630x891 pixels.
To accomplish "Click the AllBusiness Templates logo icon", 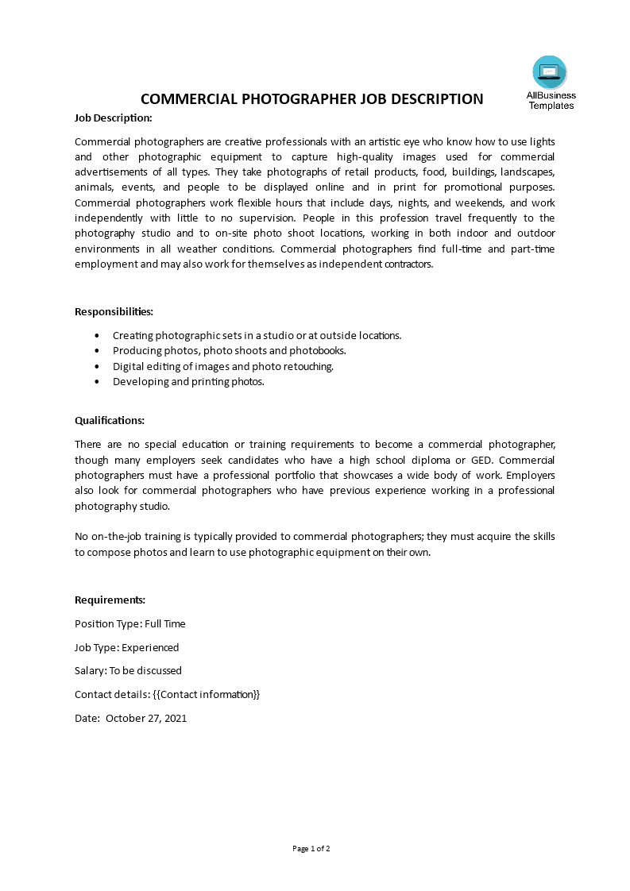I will pyautogui.click(x=550, y=72).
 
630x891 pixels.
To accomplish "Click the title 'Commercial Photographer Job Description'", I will pyautogui.click(x=311, y=99).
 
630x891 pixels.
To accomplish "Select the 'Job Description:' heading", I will pyautogui.click(x=113, y=118).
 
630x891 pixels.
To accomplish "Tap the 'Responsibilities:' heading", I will pyautogui.click(x=114, y=311).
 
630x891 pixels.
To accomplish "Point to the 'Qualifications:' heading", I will pyautogui.click(x=110, y=420).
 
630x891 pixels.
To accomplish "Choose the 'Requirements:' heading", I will pyautogui.click(x=110, y=600).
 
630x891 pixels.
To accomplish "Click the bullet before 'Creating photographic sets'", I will pyautogui.click(x=97, y=335).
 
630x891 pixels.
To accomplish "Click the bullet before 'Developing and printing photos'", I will pyautogui.click(x=97, y=381).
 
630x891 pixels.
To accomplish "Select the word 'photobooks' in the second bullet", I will pyautogui.click(x=319, y=350).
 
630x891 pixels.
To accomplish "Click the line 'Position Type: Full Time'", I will pyautogui.click(x=129, y=623).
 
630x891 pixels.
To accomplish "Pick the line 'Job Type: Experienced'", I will pyautogui.click(x=126, y=647).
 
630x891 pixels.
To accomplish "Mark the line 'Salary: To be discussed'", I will pyautogui.click(x=128, y=670).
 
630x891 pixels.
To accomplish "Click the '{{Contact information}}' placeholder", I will pyautogui.click(x=206, y=694).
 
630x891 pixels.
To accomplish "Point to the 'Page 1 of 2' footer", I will pyautogui.click(x=311, y=848).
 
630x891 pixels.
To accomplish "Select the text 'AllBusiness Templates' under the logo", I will pyautogui.click(x=551, y=100).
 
